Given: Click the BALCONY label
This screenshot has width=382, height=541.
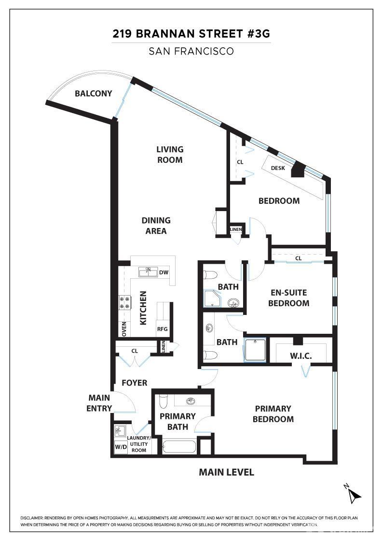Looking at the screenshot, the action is coord(94,94).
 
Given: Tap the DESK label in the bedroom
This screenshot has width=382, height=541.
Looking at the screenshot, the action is coord(278,168).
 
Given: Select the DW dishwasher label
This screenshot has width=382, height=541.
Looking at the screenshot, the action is coord(164,272).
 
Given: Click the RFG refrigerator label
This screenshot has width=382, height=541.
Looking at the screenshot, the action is coord(162,329).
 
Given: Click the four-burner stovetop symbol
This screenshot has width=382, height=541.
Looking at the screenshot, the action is coord(125,302).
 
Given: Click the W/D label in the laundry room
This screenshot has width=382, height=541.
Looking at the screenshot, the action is coord(121,447).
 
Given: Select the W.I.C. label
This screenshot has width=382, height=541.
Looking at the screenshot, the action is coord(300,356).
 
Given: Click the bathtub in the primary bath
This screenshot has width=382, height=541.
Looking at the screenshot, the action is coord(179,446).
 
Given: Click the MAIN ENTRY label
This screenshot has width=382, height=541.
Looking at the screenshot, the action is coord(99,403).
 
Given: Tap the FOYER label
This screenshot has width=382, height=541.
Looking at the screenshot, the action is coord(135,383).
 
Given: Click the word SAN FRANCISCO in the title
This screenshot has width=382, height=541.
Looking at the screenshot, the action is coord(191,51).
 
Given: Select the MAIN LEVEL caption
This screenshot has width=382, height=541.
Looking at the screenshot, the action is coord(226,472).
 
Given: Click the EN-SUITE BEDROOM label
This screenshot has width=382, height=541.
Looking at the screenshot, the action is coord(288,298).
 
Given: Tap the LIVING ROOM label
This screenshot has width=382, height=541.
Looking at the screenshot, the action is coord(170,155).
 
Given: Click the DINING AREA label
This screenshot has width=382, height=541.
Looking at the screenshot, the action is coord(156,226).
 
